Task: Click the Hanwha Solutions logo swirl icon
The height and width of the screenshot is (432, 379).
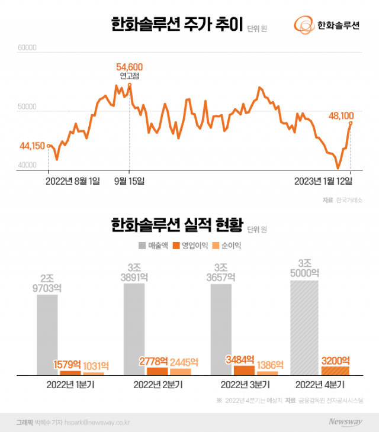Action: point(304,25)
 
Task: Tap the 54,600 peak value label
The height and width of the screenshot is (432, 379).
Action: point(130,67)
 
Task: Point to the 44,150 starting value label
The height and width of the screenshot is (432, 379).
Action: point(33,146)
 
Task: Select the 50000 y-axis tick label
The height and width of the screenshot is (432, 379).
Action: point(27,108)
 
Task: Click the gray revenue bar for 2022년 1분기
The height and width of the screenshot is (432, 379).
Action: point(47,334)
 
